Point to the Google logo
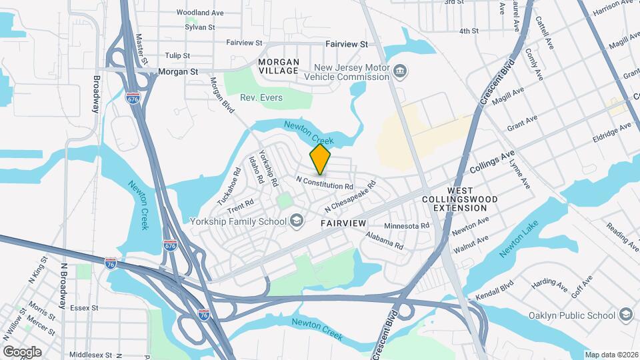22,351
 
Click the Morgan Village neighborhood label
278,66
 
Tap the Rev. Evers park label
261,97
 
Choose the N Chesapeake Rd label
351,194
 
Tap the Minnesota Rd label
406,226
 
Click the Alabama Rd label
385,241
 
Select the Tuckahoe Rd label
227,191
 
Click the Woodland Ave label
200,12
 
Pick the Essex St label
84,308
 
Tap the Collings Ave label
492,162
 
